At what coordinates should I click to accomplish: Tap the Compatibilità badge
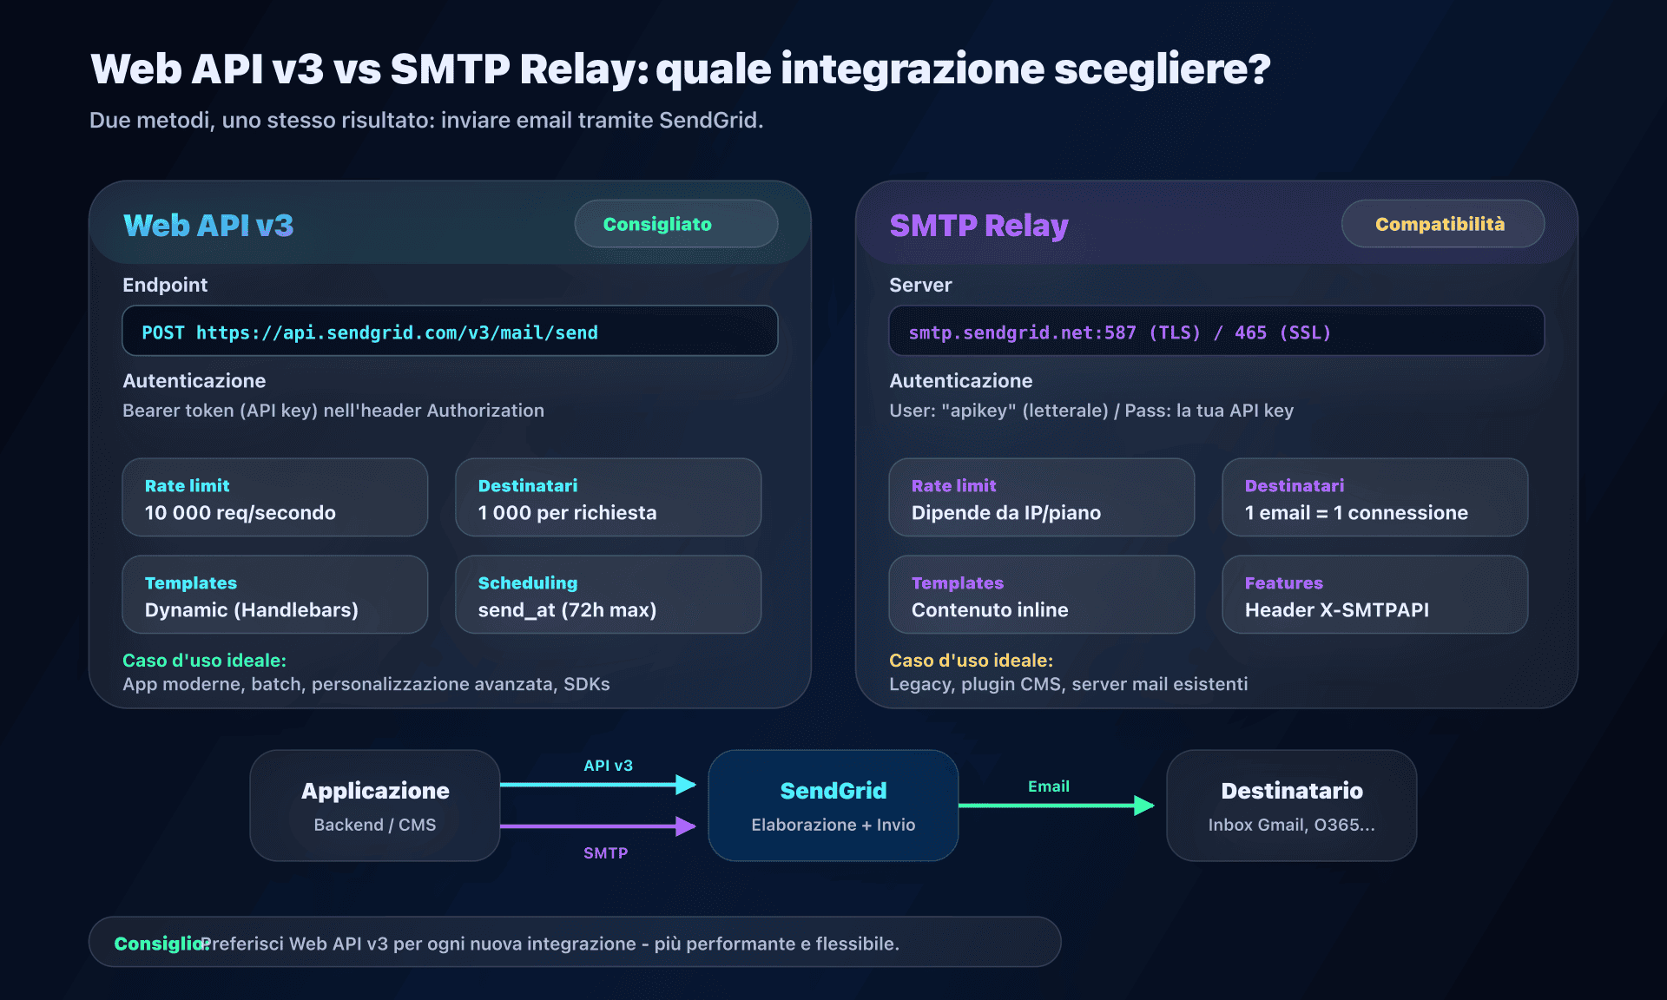point(1442,224)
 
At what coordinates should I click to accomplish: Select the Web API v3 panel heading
point(208,226)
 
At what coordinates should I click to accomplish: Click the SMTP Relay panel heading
point(978,226)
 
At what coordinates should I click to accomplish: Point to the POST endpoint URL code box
point(450,332)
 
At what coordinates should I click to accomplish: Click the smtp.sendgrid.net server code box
point(1216,332)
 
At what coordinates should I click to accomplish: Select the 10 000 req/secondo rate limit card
point(274,498)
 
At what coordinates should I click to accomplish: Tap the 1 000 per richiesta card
point(608,498)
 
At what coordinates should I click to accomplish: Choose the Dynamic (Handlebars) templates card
point(274,595)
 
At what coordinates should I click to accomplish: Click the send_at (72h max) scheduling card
point(608,595)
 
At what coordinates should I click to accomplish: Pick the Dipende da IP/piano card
point(1041,498)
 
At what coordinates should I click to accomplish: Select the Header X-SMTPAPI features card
point(1374,595)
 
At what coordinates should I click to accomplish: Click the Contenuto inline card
point(1041,595)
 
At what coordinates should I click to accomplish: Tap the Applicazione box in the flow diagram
point(375,806)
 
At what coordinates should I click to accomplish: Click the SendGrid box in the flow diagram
point(833,806)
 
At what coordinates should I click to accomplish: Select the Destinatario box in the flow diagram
point(1291,806)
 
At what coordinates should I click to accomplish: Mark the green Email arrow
point(1055,806)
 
